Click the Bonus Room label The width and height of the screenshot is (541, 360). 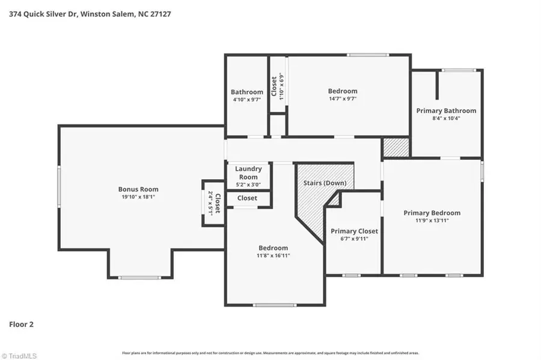[138, 189]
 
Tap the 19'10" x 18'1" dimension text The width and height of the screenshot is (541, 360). [138, 197]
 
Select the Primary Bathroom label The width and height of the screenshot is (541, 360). [446, 111]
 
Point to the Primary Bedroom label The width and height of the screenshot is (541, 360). [432, 213]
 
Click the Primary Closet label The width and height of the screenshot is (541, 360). [354, 231]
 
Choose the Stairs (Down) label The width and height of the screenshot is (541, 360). [324, 183]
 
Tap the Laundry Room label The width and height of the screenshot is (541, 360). [248, 173]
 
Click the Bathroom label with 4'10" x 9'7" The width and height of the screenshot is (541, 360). [247, 92]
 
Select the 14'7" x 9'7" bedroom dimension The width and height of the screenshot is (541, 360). [342, 99]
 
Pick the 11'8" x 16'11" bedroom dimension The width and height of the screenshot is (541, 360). [273, 255]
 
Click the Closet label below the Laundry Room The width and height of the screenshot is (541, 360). [247, 198]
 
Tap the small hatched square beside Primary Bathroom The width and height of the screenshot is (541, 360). [396, 147]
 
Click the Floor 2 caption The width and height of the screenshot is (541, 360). [21, 325]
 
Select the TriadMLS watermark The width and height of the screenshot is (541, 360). [19, 355]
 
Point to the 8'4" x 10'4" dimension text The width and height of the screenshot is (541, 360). [446, 118]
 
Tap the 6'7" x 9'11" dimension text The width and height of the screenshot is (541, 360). [354, 239]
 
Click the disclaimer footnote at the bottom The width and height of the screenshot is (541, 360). [270, 353]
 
